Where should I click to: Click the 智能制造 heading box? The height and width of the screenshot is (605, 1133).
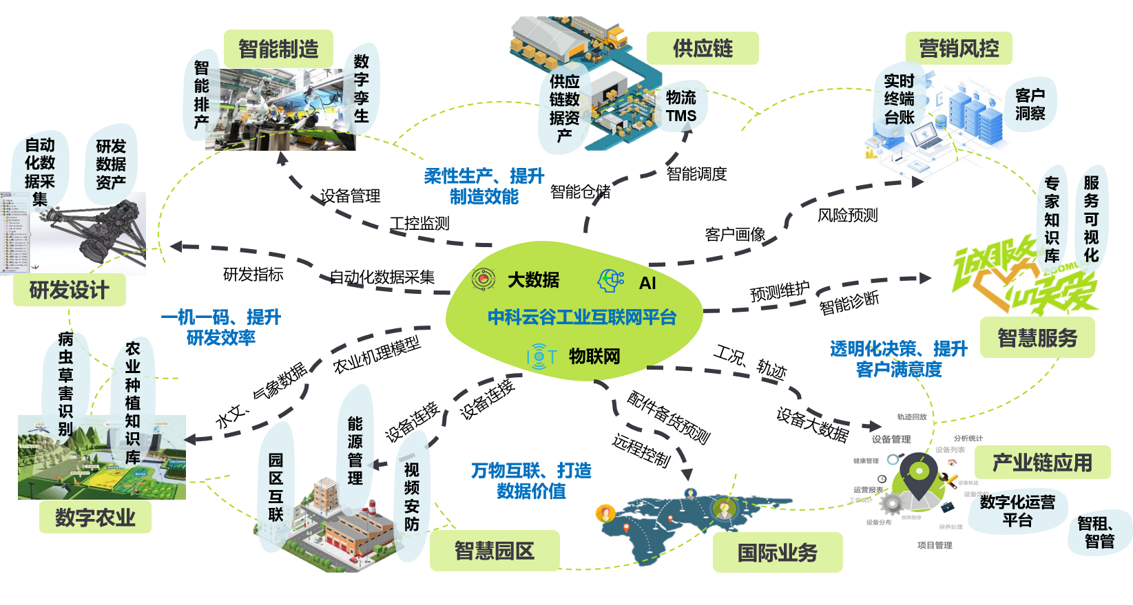click(278, 49)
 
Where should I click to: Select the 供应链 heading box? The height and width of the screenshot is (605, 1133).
click(703, 48)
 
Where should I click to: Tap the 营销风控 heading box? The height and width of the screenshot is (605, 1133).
click(959, 48)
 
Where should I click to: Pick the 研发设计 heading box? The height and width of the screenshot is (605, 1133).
click(69, 290)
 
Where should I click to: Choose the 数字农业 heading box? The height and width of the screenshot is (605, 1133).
click(95, 517)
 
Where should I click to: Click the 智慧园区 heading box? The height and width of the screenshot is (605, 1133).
click(494, 551)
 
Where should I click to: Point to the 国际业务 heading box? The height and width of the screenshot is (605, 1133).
click(778, 553)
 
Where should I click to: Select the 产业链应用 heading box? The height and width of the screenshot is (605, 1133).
click(1042, 463)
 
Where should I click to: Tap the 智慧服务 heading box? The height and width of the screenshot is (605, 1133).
click(1037, 338)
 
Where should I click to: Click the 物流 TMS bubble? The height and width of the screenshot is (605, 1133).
click(681, 107)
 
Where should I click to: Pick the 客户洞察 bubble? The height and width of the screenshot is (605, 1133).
click(1030, 105)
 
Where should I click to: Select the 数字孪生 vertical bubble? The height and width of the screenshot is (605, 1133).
click(361, 89)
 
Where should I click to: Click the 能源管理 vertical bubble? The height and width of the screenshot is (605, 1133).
click(355, 451)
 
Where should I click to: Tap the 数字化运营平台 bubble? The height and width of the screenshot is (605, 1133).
click(1017, 511)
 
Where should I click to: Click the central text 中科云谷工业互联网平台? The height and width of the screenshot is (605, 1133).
click(582, 317)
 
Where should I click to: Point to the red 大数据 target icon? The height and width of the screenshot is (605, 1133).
click(484, 279)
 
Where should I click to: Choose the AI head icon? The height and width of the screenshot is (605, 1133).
click(610, 281)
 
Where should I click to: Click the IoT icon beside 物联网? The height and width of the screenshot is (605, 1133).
click(541, 356)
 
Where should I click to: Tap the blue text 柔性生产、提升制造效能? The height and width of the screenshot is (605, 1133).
click(484, 187)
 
